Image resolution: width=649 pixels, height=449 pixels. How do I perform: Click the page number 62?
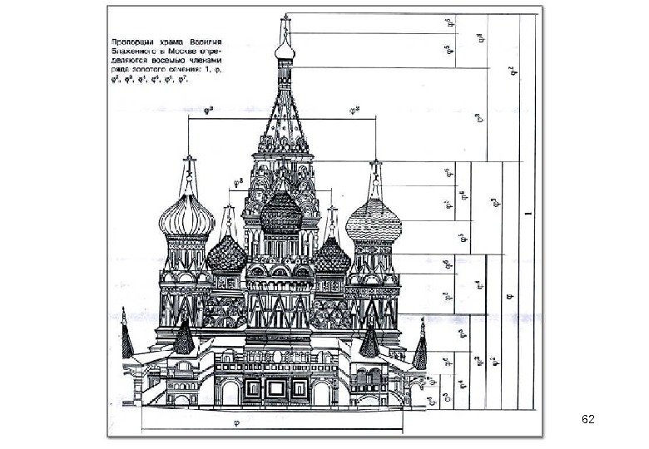tap(587, 418)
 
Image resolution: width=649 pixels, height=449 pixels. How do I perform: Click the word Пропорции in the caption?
tap(132, 40)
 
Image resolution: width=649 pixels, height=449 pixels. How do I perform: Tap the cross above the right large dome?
tap(376, 163)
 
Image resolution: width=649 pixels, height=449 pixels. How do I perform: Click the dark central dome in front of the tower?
tap(280, 215)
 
